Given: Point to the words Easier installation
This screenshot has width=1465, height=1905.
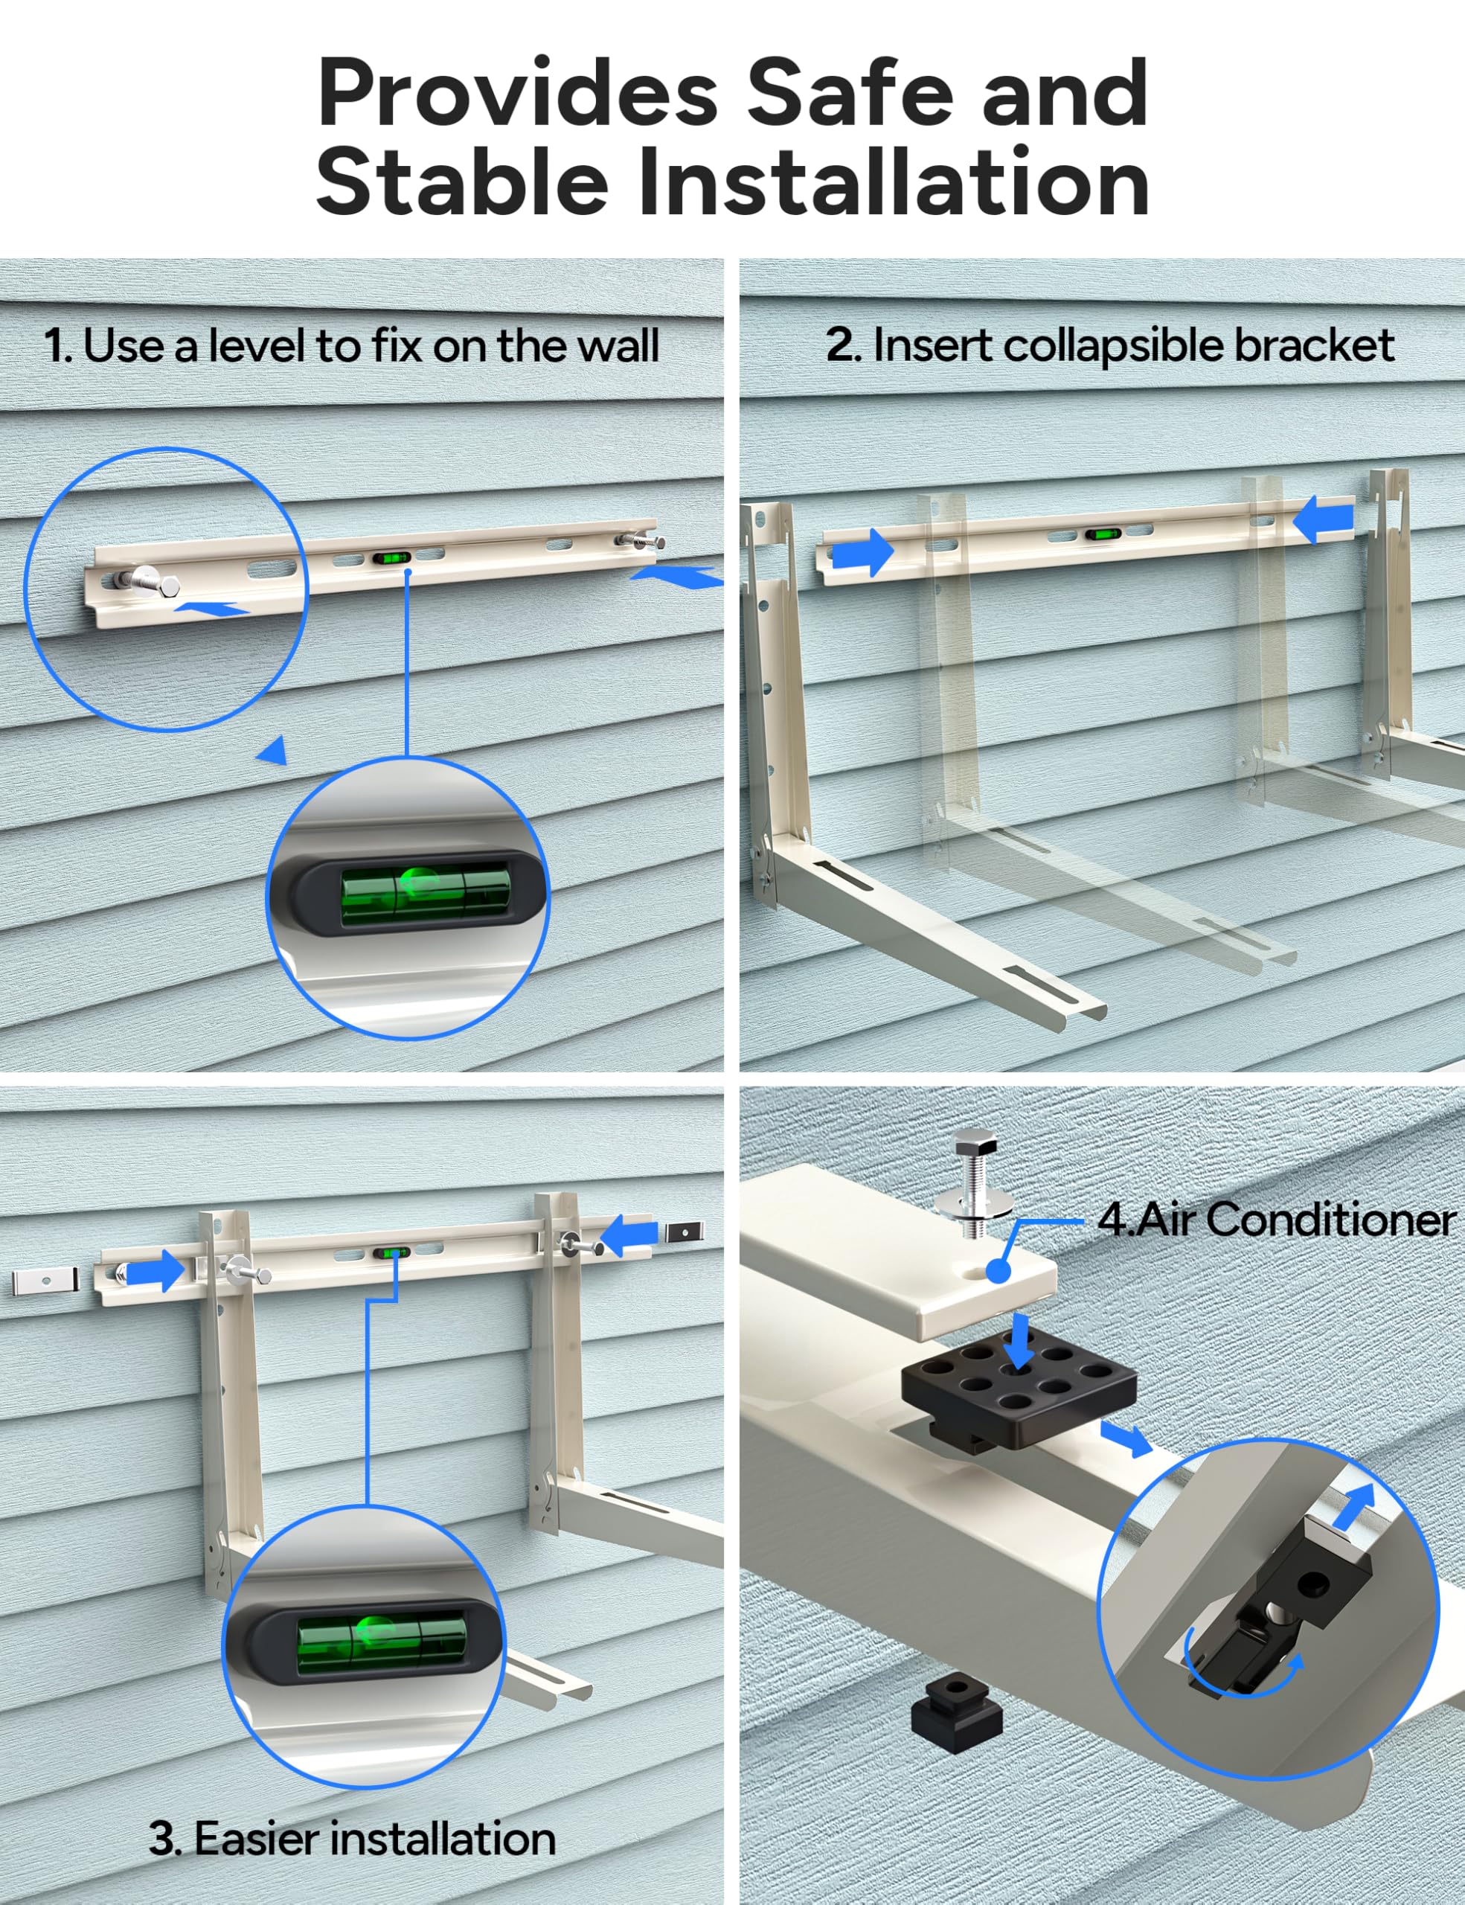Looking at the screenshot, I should pyautogui.click(x=374, y=1839).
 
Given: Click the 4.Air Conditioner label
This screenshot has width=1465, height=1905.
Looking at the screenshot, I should pyautogui.click(x=1276, y=1220).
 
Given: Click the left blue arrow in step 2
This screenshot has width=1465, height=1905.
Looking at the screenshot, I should pyautogui.click(x=862, y=553).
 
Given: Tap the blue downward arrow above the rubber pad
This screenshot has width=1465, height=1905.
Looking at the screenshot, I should pyautogui.click(x=1017, y=1344).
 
